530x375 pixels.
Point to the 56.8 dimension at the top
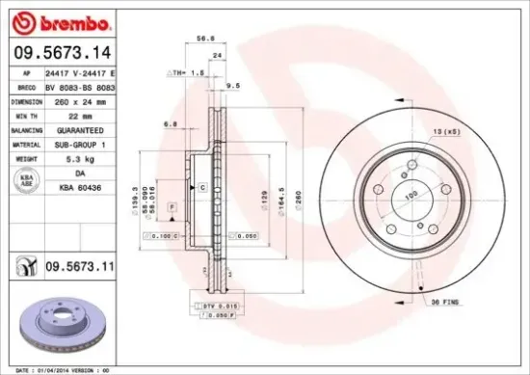(x=203, y=40)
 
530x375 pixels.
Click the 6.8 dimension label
(x=170, y=122)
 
